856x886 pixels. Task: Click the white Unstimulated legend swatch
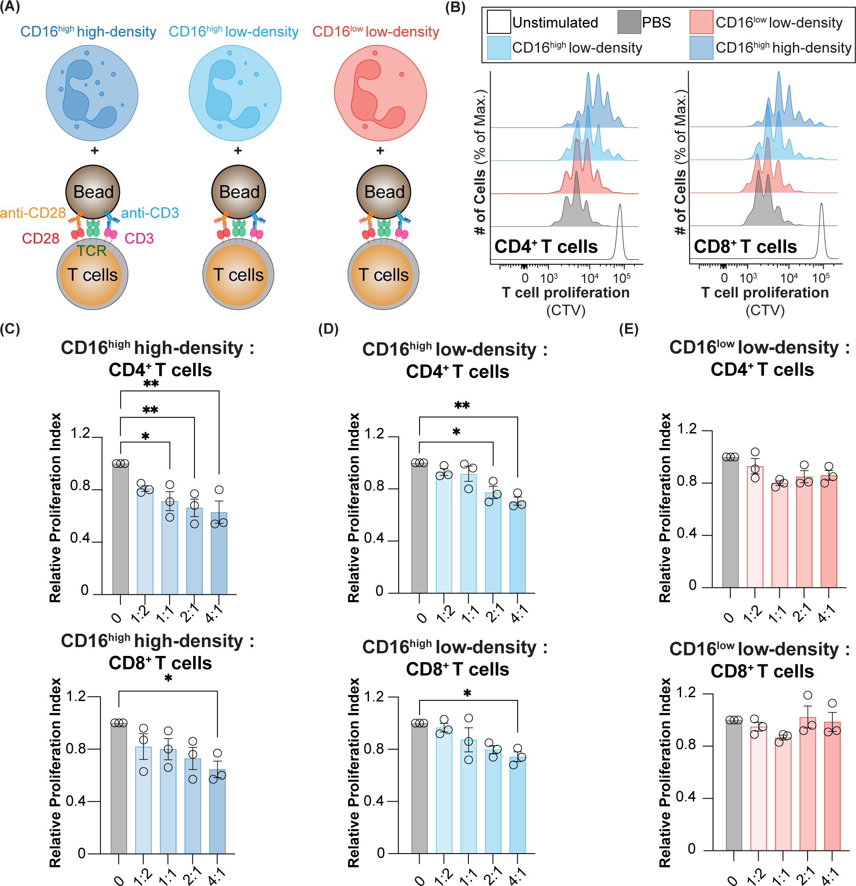[499, 22]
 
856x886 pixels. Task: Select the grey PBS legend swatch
[629, 22]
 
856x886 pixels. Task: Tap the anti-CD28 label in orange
[33, 212]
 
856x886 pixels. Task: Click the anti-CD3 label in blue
[150, 212]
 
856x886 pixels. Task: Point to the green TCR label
[92, 251]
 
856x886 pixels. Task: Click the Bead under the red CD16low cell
[384, 192]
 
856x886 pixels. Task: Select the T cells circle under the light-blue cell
[238, 275]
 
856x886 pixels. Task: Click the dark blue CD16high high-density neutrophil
[92, 94]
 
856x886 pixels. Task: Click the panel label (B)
[455, 8]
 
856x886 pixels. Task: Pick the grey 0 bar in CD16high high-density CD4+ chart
[121, 529]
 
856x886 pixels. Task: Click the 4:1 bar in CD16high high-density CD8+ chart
[218, 811]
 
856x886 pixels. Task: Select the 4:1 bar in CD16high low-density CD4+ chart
[518, 547]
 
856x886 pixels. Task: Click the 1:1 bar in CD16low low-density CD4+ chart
[780, 536]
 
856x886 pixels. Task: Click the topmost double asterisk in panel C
[151, 385]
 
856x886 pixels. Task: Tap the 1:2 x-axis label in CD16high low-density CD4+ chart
[445, 613]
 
